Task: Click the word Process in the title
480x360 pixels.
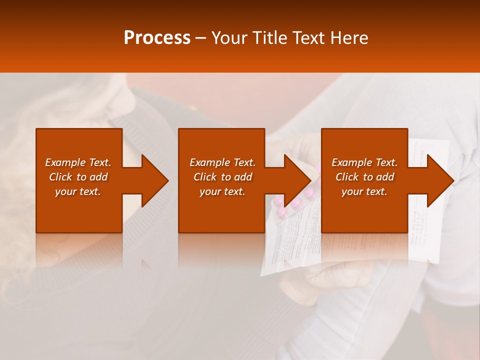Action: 157,38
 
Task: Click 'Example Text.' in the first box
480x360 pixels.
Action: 78,162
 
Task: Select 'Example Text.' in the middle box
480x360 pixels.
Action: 222,162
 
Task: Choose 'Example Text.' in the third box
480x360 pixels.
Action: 364,162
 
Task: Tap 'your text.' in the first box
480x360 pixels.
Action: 78,191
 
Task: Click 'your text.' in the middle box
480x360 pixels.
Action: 222,191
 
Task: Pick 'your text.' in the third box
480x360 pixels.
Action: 364,191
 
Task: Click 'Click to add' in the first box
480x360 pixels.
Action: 78,177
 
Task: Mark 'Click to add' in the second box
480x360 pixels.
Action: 222,177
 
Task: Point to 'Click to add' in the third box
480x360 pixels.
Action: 364,177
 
